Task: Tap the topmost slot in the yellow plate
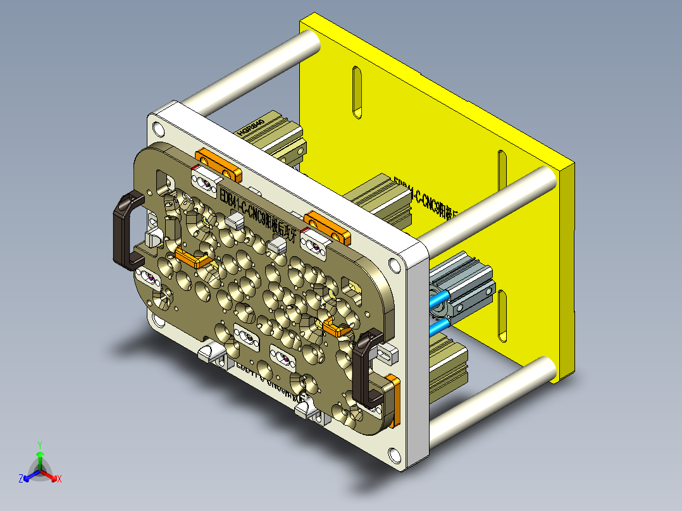(357, 92)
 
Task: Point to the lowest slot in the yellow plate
(503, 315)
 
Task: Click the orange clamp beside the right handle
(393, 400)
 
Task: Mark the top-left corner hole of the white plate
(157, 130)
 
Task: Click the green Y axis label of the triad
(39, 444)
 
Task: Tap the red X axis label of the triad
(59, 479)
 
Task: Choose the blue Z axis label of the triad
(21, 479)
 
